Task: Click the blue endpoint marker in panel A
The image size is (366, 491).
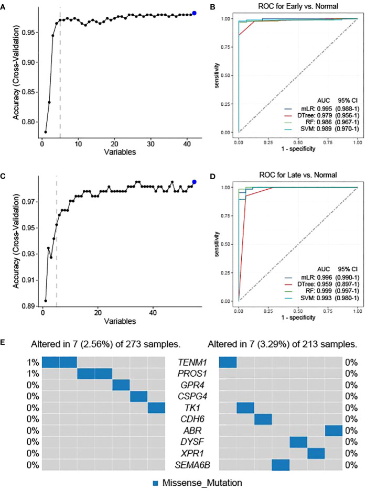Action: click(195, 13)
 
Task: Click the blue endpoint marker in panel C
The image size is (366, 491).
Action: click(195, 182)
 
